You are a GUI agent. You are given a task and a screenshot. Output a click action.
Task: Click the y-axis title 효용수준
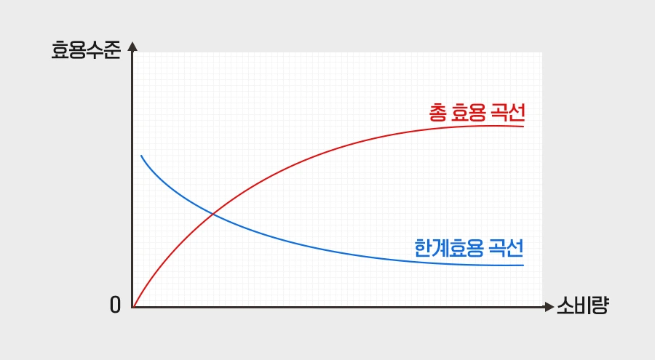(85, 52)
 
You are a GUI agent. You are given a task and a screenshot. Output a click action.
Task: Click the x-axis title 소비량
(582, 306)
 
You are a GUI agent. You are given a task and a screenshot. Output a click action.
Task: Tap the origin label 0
(115, 306)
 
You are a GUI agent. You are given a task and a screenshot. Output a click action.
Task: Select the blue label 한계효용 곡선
(469, 249)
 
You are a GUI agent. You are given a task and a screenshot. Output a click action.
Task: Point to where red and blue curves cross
(212, 213)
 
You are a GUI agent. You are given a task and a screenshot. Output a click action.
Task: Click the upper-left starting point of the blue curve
(141, 156)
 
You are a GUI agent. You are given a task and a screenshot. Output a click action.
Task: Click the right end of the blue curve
(523, 265)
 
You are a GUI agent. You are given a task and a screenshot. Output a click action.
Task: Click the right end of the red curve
(523, 127)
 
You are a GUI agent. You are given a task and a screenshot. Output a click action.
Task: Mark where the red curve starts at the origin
(133, 307)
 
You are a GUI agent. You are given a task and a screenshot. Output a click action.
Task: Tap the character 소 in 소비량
(565, 306)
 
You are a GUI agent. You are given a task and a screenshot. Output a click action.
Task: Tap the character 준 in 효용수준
(111, 52)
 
